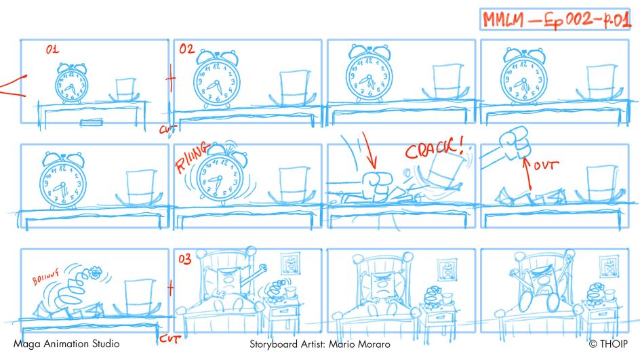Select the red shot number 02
coord(186,49)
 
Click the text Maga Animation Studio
coord(66,344)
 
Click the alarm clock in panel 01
coord(71,84)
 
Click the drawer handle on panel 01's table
coord(89,123)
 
